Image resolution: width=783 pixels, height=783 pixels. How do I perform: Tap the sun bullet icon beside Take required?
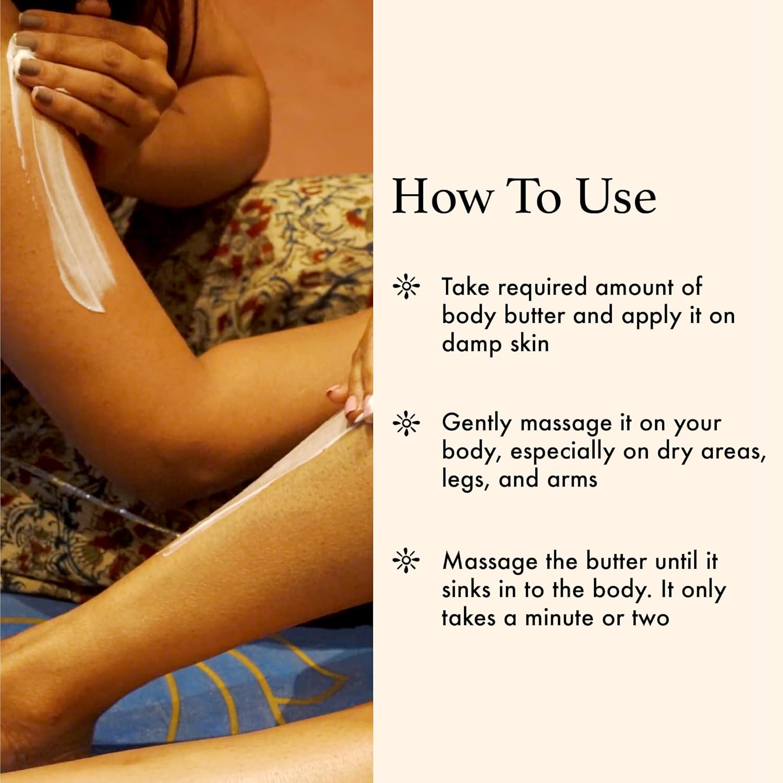click(406, 287)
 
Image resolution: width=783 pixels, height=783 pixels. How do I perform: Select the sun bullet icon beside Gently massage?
click(406, 424)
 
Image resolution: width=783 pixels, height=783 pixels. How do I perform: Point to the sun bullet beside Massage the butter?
click(406, 562)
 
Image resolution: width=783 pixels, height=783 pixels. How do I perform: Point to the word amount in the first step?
click(634, 288)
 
